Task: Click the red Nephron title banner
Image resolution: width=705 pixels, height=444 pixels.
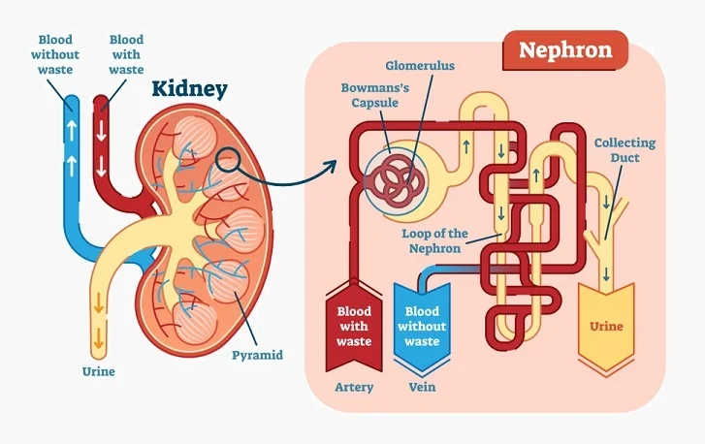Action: click(564, 49)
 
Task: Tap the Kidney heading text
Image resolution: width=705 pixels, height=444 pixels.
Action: click(189, 90)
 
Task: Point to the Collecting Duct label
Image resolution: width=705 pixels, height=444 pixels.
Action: click(625, 150)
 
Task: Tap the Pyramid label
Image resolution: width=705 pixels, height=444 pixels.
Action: click(257, 355)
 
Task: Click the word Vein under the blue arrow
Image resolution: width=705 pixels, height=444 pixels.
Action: click(422, 388)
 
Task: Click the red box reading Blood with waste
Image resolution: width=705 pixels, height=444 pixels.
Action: click(353, 327)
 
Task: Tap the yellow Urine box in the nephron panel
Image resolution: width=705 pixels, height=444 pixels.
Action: click(606, 326)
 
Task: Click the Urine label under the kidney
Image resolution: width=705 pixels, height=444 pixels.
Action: click(98, 371)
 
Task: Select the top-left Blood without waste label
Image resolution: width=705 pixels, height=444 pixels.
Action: click(55, 55)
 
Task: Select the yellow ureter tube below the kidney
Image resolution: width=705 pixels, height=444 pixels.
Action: click(98, 310)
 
